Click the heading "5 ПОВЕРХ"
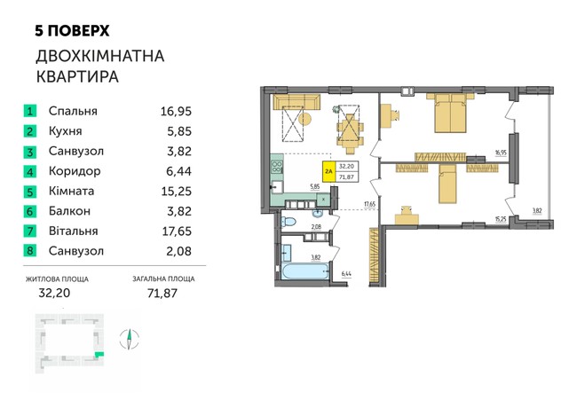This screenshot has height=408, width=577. (x=72, y=31)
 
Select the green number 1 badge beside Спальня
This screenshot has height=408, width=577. (x=30, y=111)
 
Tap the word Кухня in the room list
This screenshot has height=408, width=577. (x=65, y=131)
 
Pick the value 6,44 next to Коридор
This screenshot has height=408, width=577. (x=178, y=171)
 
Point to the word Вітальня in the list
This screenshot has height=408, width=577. (x=73, y=231)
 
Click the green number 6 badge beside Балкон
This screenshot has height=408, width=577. (x=30, y=211)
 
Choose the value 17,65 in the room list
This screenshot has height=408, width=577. (x=177, y=231)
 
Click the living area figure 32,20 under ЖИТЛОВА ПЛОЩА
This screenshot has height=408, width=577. (x=54, y=293)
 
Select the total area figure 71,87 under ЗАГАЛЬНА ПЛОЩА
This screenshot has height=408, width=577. (x=162, y=293)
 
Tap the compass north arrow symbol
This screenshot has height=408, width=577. (x=130, y=339)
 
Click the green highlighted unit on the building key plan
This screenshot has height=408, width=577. (x=99, y=354)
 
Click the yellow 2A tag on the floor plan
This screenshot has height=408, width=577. (x=328, y=172)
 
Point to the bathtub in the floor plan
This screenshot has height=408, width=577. (x=304, y=271)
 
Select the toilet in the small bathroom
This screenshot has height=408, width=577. (x=288, y=222)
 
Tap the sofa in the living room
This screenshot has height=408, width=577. (x=296, y=102)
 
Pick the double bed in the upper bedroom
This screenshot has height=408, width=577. (x=450, y=113)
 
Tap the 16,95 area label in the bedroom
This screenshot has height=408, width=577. (x=501, y=152)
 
